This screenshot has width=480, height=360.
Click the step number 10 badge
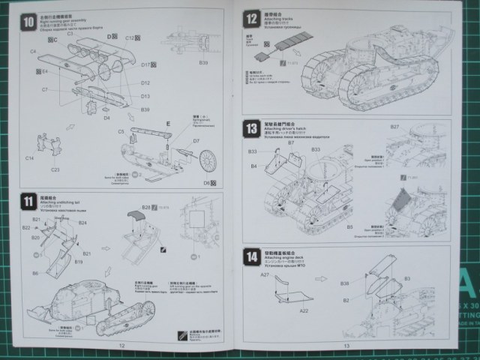click(28, 22)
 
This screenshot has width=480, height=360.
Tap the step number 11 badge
click(28, 201)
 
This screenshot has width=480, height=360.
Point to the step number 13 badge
click(251, 129)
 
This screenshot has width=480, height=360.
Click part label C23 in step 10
click(55, 169)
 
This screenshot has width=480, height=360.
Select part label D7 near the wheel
click(196, 140)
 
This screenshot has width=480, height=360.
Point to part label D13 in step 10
click(145, 96)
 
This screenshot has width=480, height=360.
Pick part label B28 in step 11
click(145, 205)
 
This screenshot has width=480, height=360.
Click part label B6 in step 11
click(34, 274)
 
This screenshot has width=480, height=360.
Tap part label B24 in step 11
click(82, 223)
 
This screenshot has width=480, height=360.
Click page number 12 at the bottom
click(121, 346)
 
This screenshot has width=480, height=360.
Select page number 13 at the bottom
click(346, 346)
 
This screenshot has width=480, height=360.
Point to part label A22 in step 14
click(304, 310)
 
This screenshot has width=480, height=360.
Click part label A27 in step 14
click(264, 275)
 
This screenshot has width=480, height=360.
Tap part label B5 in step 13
click(349, 226)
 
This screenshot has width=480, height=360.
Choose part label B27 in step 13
click(394, 127)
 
